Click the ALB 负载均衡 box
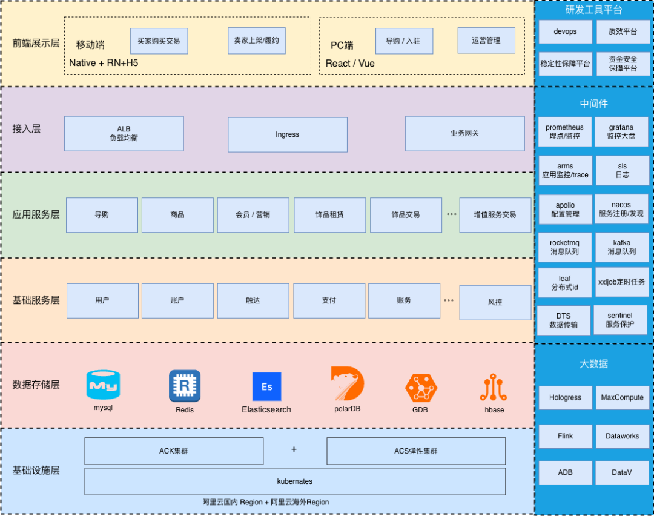124,133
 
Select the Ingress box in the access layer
287,134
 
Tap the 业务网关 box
464,133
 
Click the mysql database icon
103,385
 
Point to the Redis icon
184,386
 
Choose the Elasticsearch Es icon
266,386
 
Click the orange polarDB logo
347,383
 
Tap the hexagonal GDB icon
420,388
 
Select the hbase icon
494,388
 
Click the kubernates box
295,481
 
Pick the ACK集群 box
174,451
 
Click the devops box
565,31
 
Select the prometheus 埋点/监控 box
564,132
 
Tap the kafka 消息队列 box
621,247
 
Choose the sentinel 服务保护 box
619,320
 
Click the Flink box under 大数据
565,436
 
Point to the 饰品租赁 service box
329,215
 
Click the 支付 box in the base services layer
329,300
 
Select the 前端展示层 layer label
36,43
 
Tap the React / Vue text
350,64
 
